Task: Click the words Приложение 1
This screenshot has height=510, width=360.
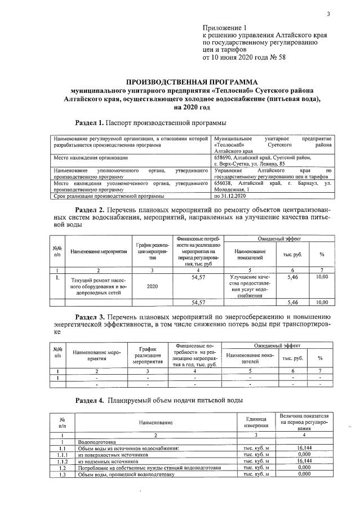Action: tap(224, 28)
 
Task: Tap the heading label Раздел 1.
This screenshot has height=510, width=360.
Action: tap(89, 122)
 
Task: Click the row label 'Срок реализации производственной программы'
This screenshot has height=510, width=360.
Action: tap(108, 196)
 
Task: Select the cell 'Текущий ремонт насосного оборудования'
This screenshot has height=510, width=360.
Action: tap(99, 286)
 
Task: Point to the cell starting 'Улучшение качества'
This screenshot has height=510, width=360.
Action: tap(250, 286)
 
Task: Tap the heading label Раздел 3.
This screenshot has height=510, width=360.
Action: tap(89, 315)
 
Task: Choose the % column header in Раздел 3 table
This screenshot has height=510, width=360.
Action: tap(319, 358)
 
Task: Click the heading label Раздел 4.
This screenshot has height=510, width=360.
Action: tap(89, 400)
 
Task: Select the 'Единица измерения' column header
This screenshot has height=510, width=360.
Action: tap(255, 422)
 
